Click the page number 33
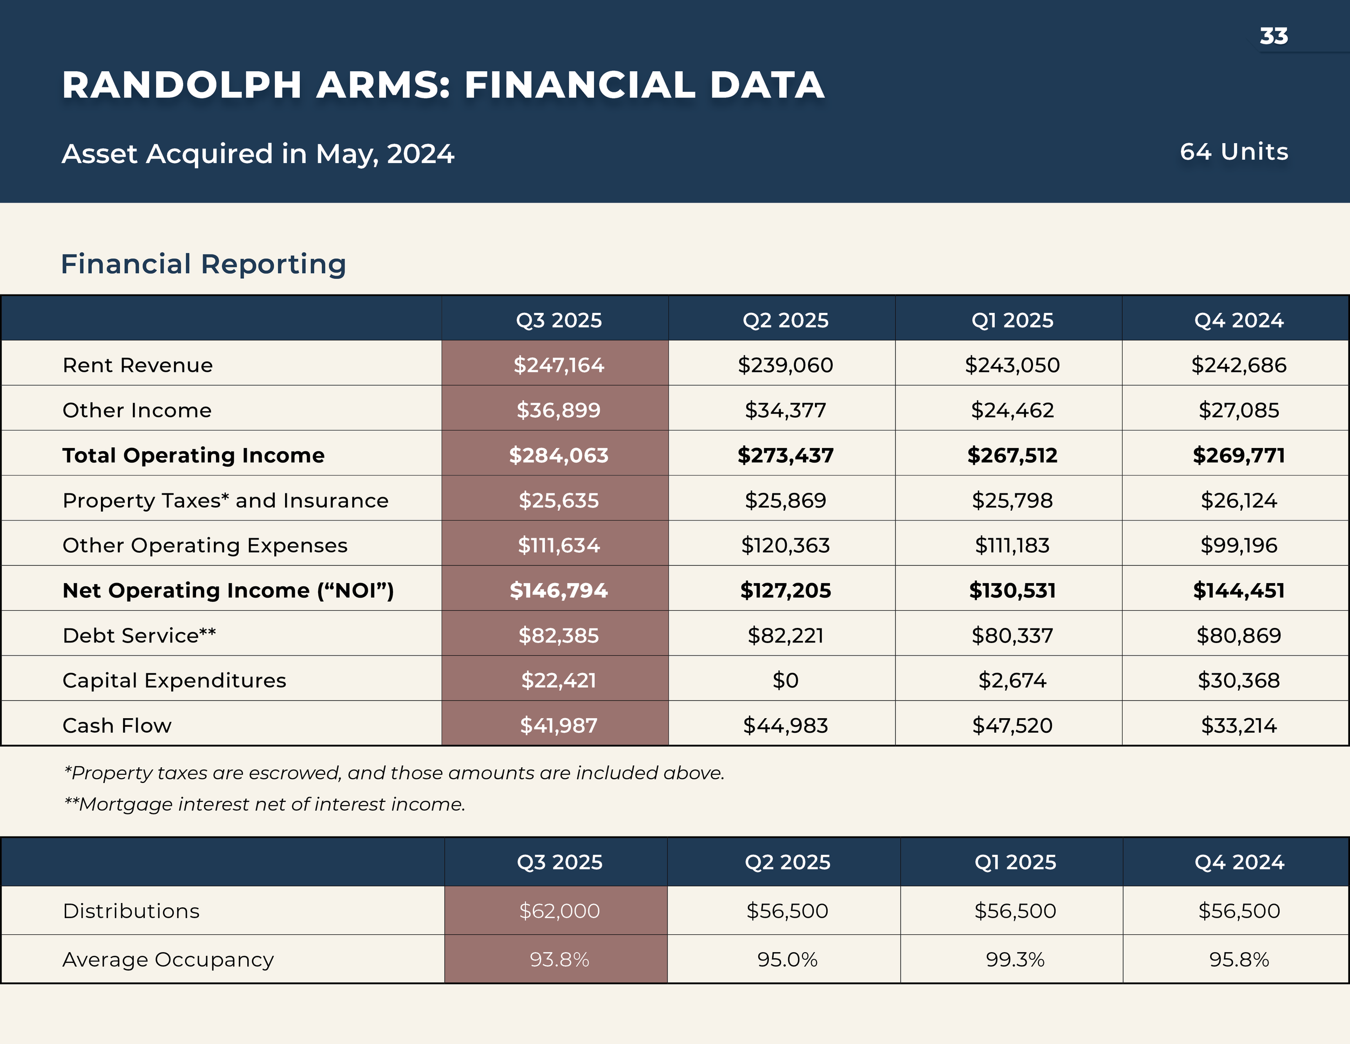1273,36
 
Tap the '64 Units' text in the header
1234,151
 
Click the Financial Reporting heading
204,264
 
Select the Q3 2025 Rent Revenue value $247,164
558,365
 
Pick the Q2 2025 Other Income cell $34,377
785,410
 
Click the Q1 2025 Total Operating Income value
1012,455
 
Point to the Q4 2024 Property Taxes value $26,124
1238,500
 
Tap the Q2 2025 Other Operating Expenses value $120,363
785,545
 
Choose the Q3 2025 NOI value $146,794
558,591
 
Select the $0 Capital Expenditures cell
785,680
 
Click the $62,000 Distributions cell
559,911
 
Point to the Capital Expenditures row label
174,680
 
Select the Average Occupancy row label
168,959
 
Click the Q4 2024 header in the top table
1238,320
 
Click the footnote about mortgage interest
265,804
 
